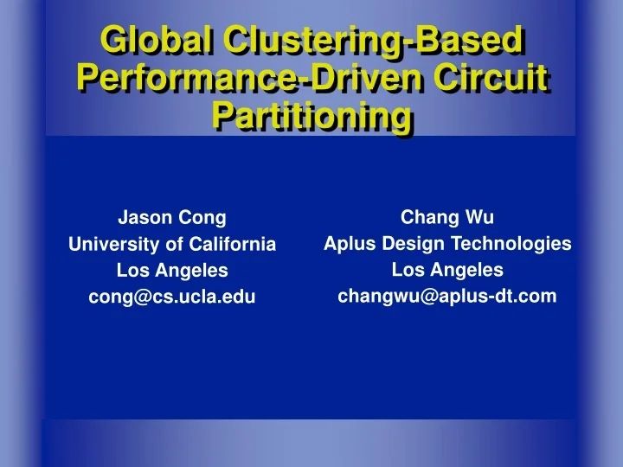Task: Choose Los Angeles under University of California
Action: point(172,271)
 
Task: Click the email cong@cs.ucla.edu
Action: point(172,297)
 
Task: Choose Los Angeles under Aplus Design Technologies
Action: point(447,270)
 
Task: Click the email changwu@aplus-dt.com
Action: point(447,297)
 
